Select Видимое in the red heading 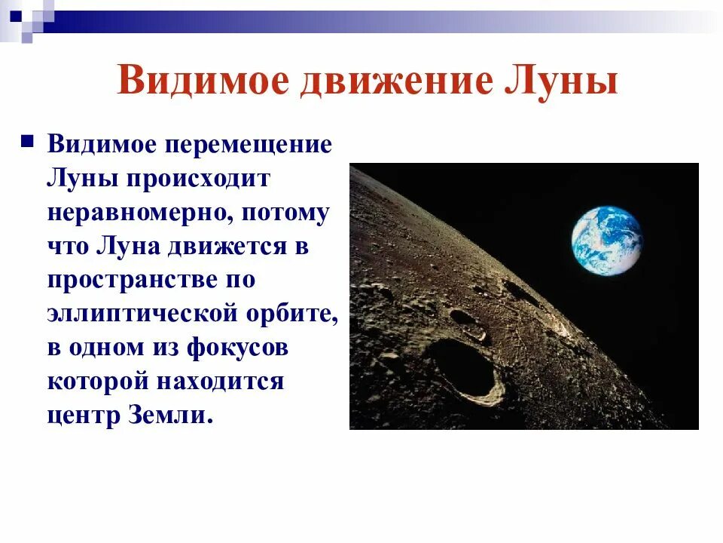pyautogui.click(x=203, y=81)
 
